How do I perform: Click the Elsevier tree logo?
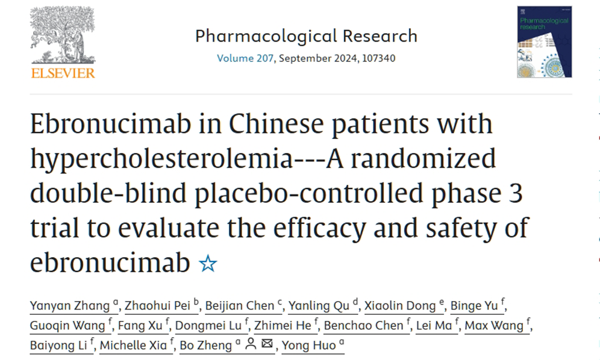63,35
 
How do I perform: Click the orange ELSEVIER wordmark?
63,73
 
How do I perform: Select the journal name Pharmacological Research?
306,36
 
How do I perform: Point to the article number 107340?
377,58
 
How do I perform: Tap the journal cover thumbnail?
544,42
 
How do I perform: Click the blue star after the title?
208,264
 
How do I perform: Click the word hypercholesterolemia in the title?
175,159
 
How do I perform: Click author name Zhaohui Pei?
157,306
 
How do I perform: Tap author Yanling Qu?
319,306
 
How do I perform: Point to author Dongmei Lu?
208,326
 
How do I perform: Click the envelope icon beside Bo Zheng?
266,345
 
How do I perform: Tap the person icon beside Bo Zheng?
251,345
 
